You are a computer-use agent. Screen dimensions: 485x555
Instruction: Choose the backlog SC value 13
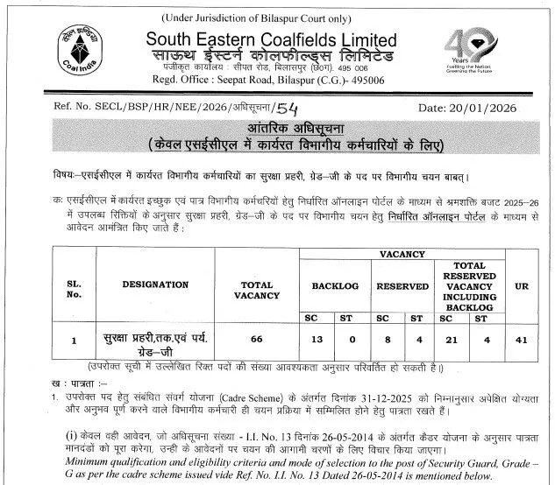[x=311, y=338]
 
